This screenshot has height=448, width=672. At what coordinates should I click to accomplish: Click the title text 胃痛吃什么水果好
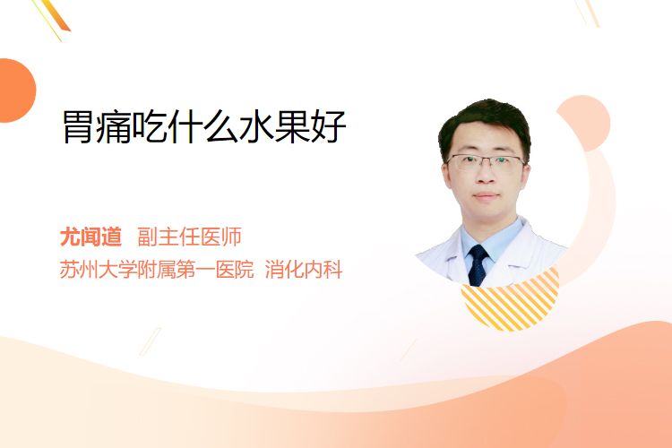click(204, 126)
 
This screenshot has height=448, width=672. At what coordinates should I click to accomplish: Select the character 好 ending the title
click(329, 126)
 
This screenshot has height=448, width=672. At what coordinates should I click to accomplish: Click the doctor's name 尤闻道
click(90, 237)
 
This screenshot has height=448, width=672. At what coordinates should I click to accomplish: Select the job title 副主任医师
click(189, 237)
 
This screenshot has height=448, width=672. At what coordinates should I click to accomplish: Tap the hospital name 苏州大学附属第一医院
click(157, 270)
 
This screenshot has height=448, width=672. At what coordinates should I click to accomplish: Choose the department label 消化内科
click(304, 270)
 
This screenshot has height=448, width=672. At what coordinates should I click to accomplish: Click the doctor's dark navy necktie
click(478, 265)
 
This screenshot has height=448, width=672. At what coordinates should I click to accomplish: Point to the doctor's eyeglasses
click(486, 162)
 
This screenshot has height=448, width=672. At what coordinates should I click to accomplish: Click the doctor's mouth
click(486, 196)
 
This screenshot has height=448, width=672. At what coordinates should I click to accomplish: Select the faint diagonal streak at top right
click(587, 13)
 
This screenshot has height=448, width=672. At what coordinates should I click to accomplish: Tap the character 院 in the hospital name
click(245, 270)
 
